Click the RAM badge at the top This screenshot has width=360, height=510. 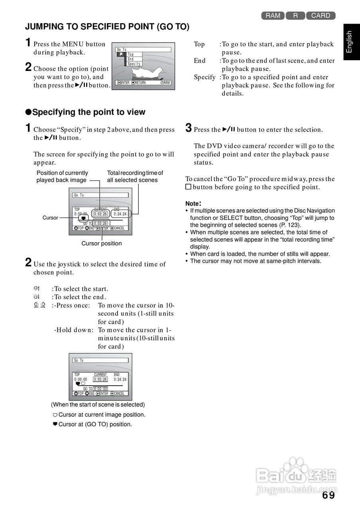[273, 16]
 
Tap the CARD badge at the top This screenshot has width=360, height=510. [321, 16]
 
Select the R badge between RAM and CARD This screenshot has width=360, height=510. [295, 16]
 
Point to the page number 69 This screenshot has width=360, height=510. [329, 495]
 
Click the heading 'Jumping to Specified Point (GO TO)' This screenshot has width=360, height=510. [107, 27]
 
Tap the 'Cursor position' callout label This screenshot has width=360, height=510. [102, 243]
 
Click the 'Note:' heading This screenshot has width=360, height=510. [193, 203]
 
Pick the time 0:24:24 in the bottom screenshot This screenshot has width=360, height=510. [120, 379]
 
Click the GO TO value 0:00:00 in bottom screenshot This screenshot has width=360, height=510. [100, 388]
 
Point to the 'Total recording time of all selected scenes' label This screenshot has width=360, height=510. [135, 177]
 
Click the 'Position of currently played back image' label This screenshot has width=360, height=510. [62, 177]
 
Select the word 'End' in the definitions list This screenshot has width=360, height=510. [200, 61]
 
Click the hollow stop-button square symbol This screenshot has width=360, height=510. [189, 187]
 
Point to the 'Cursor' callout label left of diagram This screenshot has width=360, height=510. [50, 218]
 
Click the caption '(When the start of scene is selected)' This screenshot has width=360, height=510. [98, 404]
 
